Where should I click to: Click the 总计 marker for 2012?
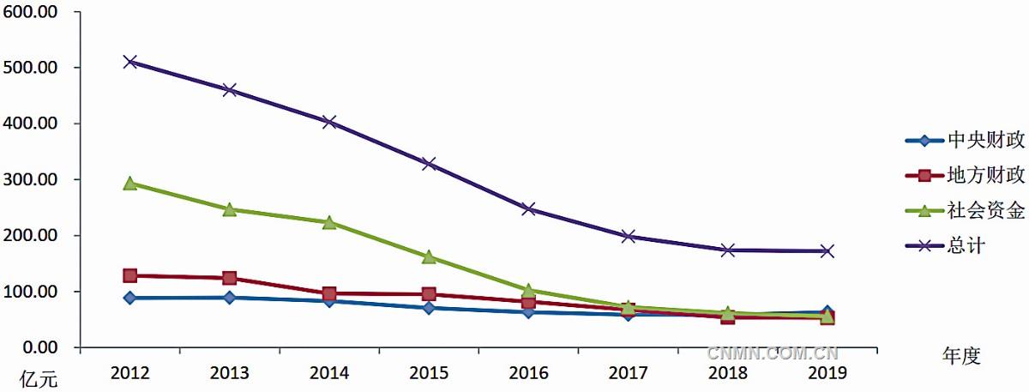tap(129, 62)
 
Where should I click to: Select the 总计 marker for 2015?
tap(429, 163)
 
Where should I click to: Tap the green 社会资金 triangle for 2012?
tap(129, 183)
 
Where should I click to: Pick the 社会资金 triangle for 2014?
tap(329, 222)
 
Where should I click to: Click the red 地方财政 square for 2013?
tap(230, 278)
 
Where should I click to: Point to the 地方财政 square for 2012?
tap(129, 275)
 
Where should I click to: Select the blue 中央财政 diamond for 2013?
tap(230, 298)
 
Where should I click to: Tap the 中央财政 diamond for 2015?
tap(429, 307)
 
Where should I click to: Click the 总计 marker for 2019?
tap(827, 250)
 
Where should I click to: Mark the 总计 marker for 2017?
tap(628, 236)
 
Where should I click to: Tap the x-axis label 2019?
tap(827, 372)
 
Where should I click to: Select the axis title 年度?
tap(960, 355)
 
